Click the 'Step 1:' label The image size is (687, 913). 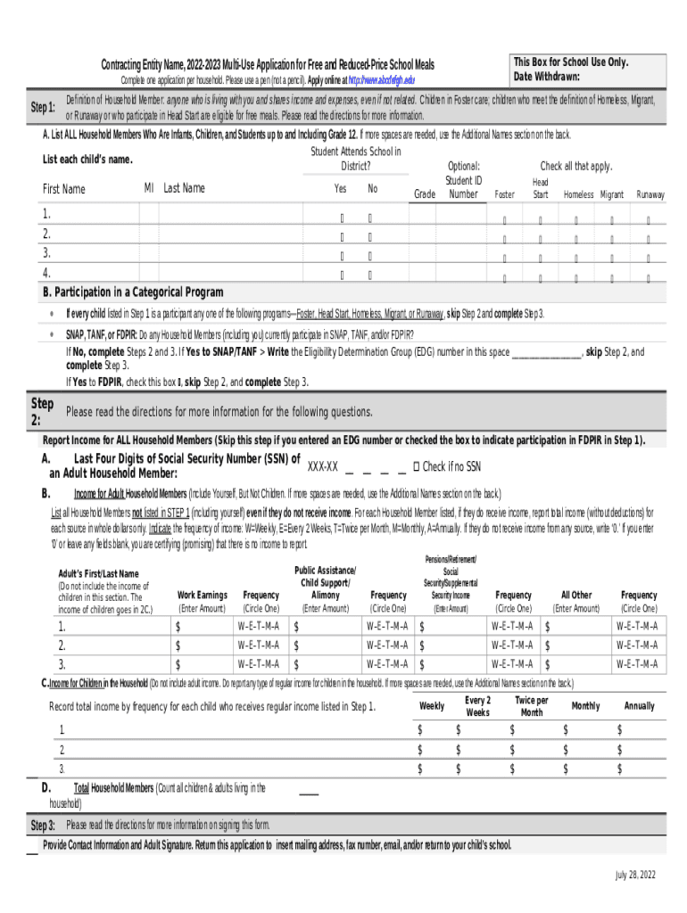[43, 108]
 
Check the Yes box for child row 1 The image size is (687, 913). [341, 217]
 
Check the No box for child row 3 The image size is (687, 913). [370, 256]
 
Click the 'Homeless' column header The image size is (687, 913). [578, 194]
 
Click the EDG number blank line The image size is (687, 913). [545, 353]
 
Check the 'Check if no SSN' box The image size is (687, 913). [417, 466]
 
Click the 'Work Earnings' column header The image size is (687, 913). [203, 595]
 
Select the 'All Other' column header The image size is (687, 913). [575, 595]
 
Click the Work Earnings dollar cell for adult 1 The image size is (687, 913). [203, 625]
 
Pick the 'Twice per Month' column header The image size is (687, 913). [531, 706]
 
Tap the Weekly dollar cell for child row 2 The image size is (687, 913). [433, 749]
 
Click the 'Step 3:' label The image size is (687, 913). [43, 826]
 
